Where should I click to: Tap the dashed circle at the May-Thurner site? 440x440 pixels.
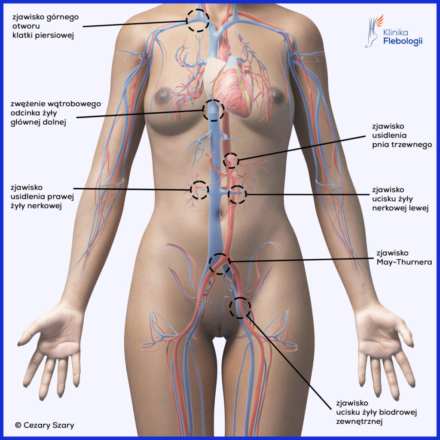click(x=219, y=263)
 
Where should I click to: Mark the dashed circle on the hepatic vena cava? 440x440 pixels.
click(x=213, y=110)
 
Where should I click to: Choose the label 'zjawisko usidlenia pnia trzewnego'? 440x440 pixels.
click(x=401, y=136)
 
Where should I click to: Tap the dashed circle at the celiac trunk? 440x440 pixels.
click(x=231, y=160)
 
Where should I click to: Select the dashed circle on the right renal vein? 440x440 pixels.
click(x=199, y=189)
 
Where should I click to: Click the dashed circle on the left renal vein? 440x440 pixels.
click(x=237, y=195)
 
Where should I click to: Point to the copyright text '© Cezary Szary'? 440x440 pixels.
click(x=44, y=425)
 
